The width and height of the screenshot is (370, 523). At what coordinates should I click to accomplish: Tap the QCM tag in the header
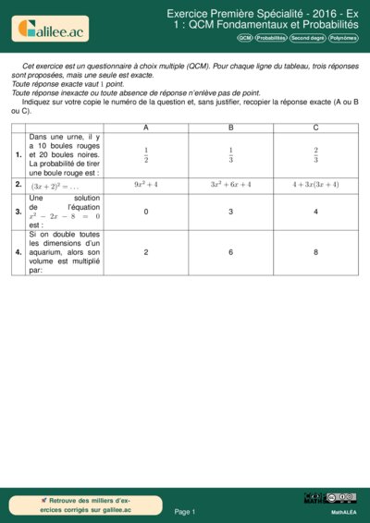coord(244,38)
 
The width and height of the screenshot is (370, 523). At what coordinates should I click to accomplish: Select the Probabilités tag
coord(271,38)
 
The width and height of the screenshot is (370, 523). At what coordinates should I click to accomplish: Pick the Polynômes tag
coord(343,38)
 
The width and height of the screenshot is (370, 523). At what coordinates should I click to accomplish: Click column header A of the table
coord(145,127)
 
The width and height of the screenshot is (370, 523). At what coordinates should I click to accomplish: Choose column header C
coord(315,127)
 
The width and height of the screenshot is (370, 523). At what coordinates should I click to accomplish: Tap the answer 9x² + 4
coord(145,185)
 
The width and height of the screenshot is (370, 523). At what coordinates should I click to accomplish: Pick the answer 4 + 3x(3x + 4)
coord(315,185)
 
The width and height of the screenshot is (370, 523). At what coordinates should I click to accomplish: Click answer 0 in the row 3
coord(145,212)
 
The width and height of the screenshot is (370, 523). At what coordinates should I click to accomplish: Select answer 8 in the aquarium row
coord(315,251)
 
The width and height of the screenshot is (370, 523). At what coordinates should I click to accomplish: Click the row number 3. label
coord(18,212)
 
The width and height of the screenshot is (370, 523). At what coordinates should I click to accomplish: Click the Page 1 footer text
coord(185,511)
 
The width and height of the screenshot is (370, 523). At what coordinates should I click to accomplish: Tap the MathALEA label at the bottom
coord(344,511)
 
